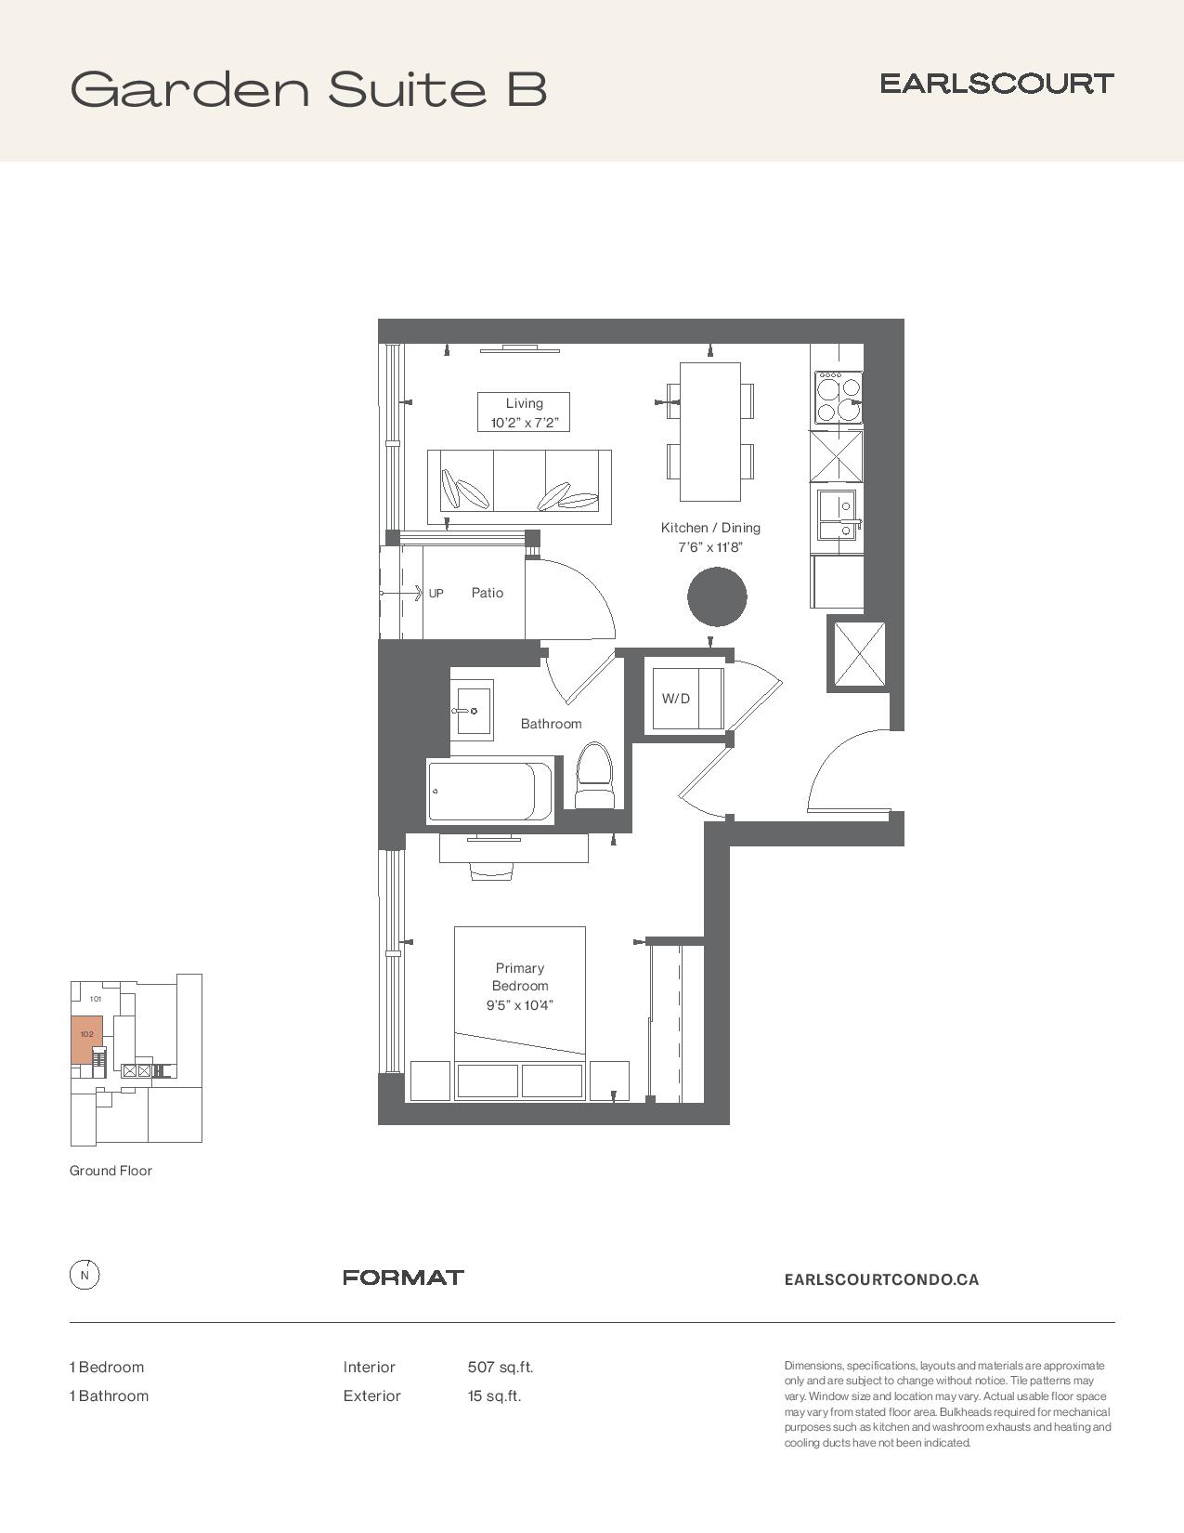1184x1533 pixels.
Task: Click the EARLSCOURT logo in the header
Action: (x=996, y=84)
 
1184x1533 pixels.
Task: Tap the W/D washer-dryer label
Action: (x=675, y=699)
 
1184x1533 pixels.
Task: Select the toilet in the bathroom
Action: (x=594, y=775)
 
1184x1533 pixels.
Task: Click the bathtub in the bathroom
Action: (x=490, y=791)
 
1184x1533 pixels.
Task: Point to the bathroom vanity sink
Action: (x=472, y=710)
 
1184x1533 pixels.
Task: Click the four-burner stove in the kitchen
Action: (x=838, y=398)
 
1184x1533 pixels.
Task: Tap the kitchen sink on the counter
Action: (x=838, y=515)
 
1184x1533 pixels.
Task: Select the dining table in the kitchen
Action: (x=710, y=431)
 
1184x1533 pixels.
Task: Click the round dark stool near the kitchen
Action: (x=717, y=596)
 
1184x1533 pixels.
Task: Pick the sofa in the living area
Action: (x=519, y=487)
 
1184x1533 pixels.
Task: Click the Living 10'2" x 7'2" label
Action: (x=524, y=413)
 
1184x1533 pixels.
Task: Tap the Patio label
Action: (x=488, y=593)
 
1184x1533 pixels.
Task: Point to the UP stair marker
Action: (x=436, y=594)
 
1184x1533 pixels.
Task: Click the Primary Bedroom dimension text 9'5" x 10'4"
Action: (x=520, y=1005)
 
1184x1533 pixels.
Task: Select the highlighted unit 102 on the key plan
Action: (x=87, y=1039)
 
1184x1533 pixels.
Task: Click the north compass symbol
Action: (x=85, y=1275)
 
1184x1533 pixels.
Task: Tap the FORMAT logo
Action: (x=403, y=1277)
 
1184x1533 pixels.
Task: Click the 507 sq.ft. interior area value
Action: (x=500, y=1367)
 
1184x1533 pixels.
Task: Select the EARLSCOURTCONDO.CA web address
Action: (x=881, y=1279)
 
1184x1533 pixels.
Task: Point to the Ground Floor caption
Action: (x=111, y=1171)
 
